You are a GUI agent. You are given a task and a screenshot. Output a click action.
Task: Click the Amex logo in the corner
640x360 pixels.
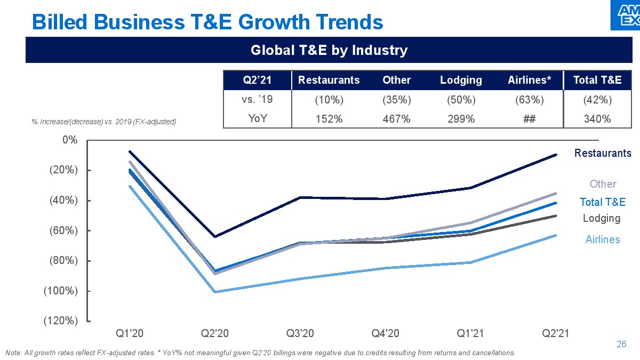pyautogui.click(x=625, y=15)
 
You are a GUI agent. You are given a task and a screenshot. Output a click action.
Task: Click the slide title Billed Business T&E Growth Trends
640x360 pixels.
pyautogui.click(x=207, y=22)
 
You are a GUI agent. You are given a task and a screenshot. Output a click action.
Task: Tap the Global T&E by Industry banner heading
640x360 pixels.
pyautogui.click(x=329, y=51)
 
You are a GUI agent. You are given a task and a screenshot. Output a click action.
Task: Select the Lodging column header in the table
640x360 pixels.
pyautogui.click(x=461, y=80)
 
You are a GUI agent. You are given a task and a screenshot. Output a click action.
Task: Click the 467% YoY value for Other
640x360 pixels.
pyautogui.click(x=397, y=119)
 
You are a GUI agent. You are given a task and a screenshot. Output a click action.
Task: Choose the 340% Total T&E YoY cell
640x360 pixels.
pyautogui.click(x=597, y=119)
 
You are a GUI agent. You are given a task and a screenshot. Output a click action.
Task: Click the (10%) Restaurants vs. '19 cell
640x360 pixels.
pyautogui.click(x=329, y=100)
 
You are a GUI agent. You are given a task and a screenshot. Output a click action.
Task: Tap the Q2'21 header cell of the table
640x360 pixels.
pyautogui.click(x=258, y=80)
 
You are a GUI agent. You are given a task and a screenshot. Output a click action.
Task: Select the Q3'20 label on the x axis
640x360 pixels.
pyautogui.click(x=301, y=333)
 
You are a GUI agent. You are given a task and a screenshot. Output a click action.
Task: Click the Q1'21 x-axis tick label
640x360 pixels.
pyautogui.click(x=471, y=333)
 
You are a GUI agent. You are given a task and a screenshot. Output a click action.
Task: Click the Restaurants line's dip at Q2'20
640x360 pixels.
pyautogui.click(x=215, y=236)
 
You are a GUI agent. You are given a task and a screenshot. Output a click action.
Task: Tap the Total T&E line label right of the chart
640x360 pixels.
pyautogui.click(x=602, y=202)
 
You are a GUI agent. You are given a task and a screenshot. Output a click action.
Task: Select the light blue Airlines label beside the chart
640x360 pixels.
pyautogui.click(x=602, y=239)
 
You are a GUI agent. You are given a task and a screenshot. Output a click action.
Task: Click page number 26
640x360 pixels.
pyautogui.click(x=621, y=344)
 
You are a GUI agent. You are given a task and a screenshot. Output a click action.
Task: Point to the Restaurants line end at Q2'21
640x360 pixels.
pyautogui.click(x=556, y=155)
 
